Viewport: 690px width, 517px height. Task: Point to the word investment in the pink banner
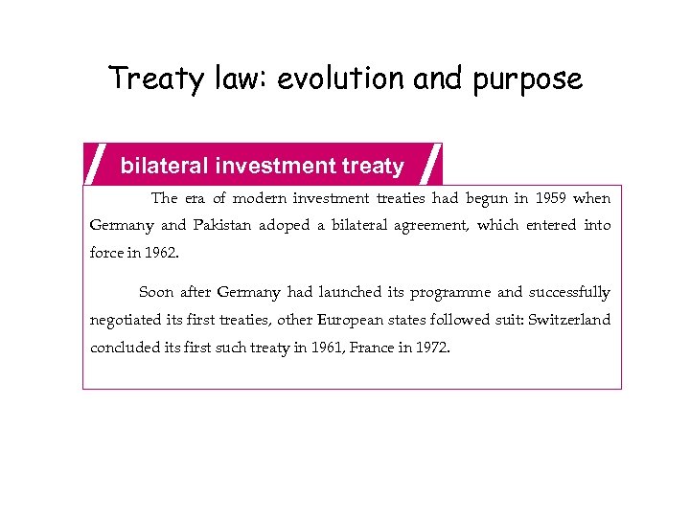tap(275, 167)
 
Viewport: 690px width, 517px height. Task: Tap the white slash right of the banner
tap(430, 163)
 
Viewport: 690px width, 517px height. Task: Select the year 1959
tap(541, 198)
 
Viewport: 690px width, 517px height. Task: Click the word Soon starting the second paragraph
tap(156, 292)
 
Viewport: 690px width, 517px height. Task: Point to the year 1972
tap(431, 347)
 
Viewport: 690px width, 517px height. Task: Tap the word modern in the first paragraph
tap(241, 198)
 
